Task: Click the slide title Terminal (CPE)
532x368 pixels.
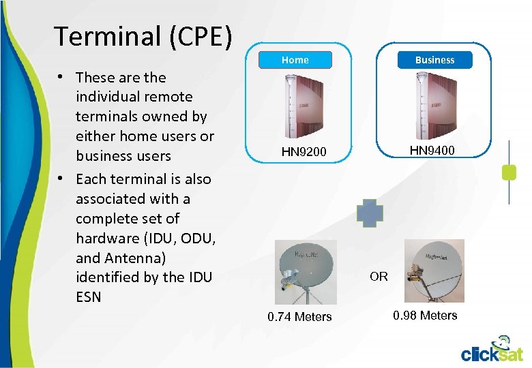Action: pos(143,37)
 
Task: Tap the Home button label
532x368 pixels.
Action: pos(295,60)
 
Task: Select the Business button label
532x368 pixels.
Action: pos(434,60)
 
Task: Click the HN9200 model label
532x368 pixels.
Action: pos(304,152)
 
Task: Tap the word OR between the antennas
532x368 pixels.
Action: pos(379,276)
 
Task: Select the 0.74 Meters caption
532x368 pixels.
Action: pos(299,316)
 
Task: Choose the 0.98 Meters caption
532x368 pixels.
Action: pos(425,315)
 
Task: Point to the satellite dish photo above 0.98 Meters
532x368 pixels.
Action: pos(434,271)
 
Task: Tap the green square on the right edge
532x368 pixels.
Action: pos(509,172)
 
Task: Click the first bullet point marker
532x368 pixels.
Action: pos(61,78)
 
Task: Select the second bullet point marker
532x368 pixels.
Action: pos(61,179)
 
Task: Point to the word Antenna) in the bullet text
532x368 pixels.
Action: pos(136,258)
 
